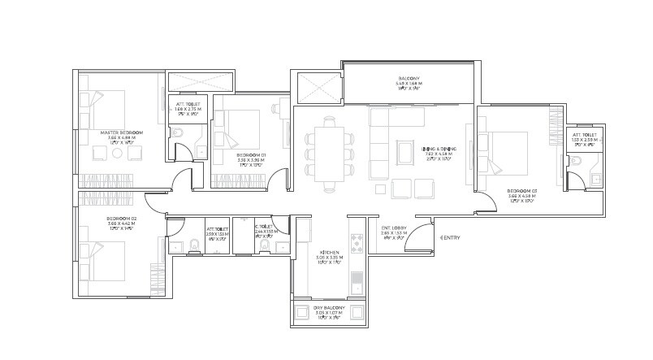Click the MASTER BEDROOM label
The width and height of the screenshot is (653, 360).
tap(122, 132)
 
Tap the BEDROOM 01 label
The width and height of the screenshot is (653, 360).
tap(251, 154)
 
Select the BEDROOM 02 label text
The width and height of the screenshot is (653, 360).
tap(122, 219)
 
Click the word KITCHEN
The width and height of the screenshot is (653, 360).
tap(330, 253)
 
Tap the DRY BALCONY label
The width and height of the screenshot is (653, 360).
tap(330, 309)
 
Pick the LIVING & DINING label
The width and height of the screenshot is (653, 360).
tap(439, 149)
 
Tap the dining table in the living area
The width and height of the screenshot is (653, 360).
tap(330, 154)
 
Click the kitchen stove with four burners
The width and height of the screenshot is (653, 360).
tap(356, 241)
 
